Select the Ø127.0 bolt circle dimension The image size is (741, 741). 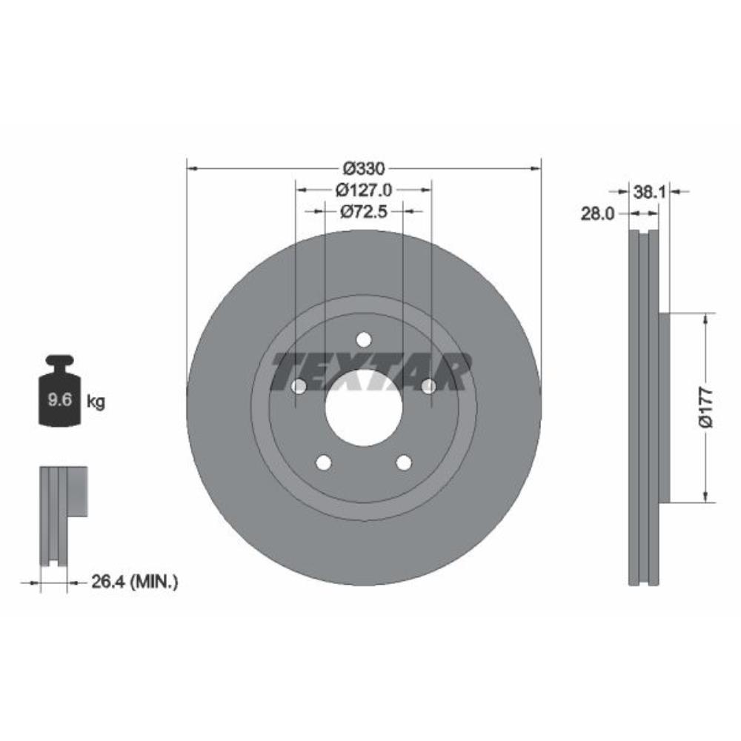click(363, 190)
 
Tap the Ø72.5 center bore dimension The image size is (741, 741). click(363, 212)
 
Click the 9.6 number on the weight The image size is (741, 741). click(59, 401)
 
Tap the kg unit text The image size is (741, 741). click(96, 402)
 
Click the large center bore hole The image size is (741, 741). click(363, 407)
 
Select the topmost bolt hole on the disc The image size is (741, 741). click(363, 339)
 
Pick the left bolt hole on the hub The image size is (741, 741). click(299, 386)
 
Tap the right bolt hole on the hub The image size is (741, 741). click(428, 386)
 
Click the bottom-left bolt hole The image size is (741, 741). click(323, 462)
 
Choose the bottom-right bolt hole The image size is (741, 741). click(403, 462)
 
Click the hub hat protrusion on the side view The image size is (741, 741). click(664, 407)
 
